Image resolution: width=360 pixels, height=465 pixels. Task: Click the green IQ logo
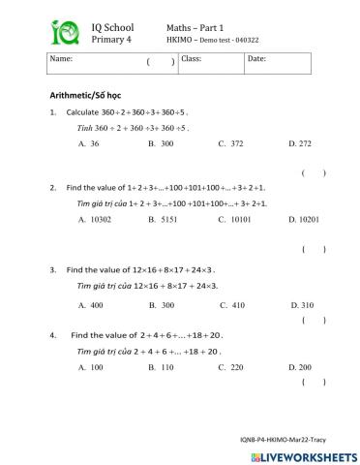pos(65,34)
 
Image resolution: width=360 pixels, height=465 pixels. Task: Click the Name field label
pos(61,59)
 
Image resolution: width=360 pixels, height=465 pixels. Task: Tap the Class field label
pos(191,59)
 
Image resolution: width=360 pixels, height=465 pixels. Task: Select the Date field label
pos(256,59)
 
